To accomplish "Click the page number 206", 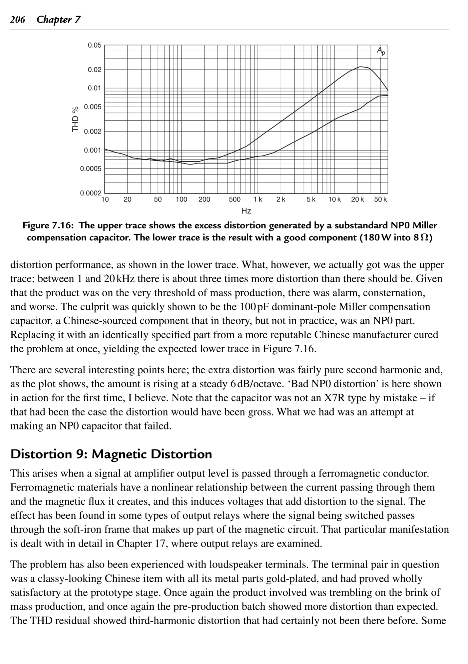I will (x=17, y=20).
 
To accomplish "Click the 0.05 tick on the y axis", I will (x=95, y=45).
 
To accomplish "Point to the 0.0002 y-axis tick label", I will (x=91, y=193).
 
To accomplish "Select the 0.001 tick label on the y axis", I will (x=92, y=150).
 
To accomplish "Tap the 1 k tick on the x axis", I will (x=258, y=200).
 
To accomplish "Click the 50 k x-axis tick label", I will (x=380, y=200).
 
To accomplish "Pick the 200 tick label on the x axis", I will (x=204, y=200).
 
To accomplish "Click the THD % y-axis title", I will (x=76, y=119).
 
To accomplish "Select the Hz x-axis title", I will (x=246, y=211).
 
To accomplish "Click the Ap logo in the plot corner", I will (x=381, y=51).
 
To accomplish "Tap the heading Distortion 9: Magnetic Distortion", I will (x=111, y=454).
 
